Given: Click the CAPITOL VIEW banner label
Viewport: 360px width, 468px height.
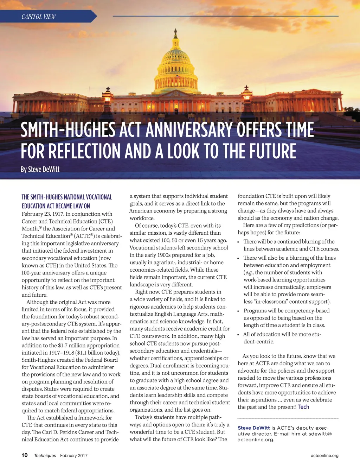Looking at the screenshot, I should pyautogui.click(x=39, y=17).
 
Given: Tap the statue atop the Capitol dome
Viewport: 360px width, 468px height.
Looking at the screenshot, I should pyautogui.click(x=175, y=34).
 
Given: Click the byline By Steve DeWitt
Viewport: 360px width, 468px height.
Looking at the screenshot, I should pyautogui.click(x=40, y=169).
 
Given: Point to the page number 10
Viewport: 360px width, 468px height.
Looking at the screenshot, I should pyautogui.click(x=25, y=455).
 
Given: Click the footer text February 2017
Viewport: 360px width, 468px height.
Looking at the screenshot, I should pyautogui.click(x=74, y=455).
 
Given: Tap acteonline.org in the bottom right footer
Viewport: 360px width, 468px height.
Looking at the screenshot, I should pyautogui.click(x=324, y=455).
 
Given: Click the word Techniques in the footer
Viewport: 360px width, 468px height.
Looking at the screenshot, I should pyautogui.click(x=45, y=455).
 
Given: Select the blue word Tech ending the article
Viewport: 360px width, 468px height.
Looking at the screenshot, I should pyautogui.click(x=303, y=407).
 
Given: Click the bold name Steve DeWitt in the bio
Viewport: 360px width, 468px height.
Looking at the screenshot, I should pyautogui.click(x=254, y=428).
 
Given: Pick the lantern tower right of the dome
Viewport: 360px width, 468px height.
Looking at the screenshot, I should pyautogui.click(x=247, y=95).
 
